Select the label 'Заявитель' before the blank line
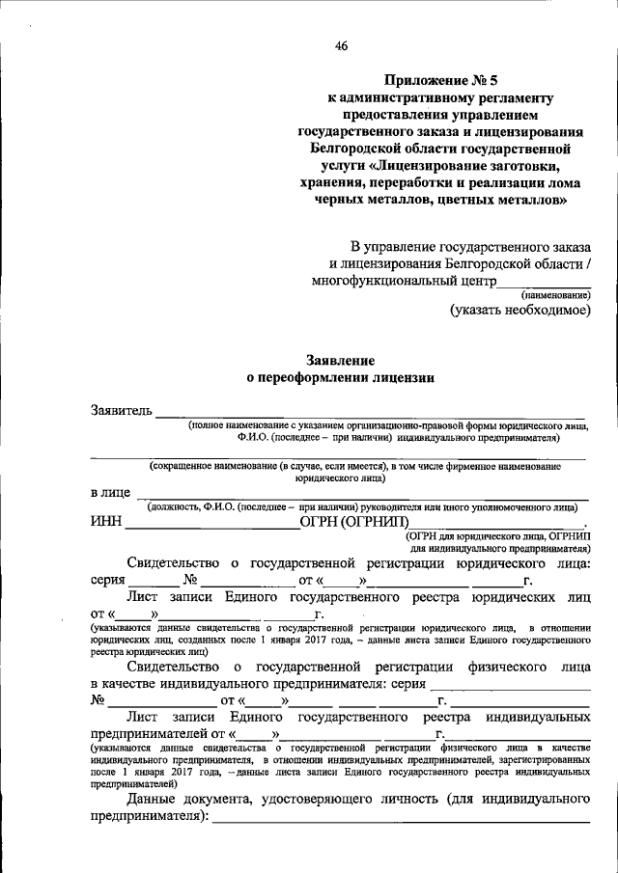121,412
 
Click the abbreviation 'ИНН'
105,524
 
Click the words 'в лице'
110,492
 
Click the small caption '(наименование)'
555,294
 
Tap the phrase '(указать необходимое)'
520,311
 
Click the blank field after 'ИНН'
212,527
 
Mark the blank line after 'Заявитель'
372,416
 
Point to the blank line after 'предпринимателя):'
401,820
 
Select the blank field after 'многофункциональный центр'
543,285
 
